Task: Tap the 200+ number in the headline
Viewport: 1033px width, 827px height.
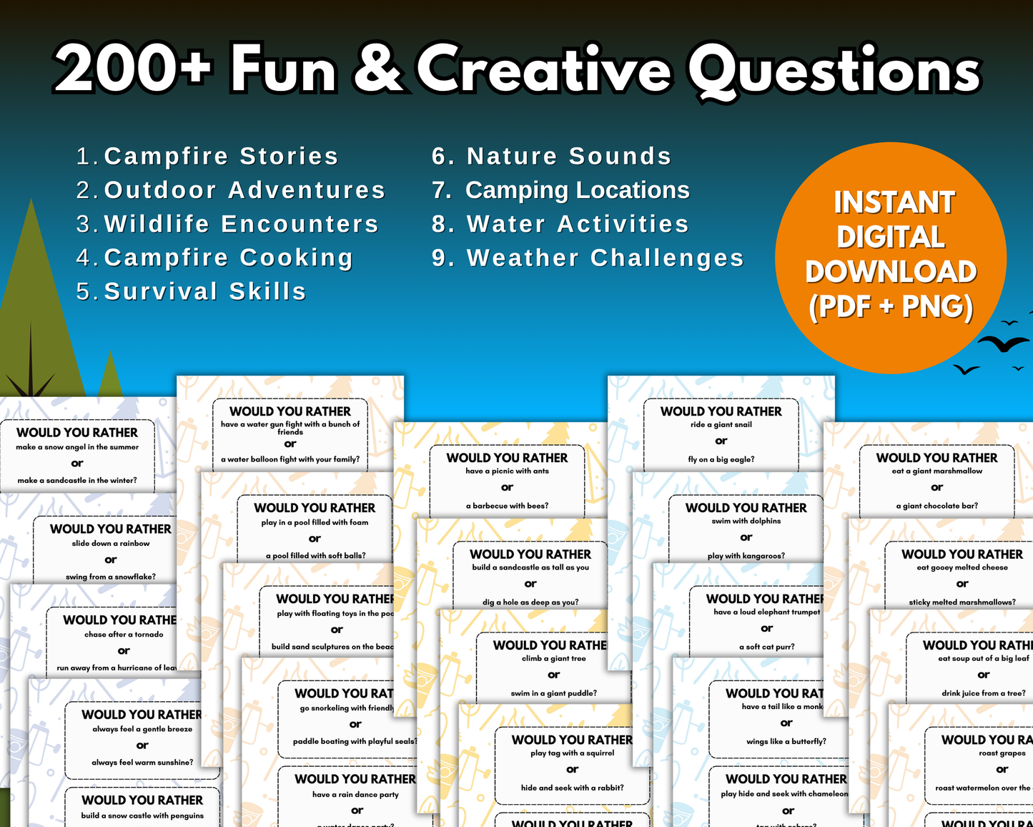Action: pos(133,70)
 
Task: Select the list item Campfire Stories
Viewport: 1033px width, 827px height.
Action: pos(220,156)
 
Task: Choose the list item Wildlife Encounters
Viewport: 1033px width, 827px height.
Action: pos(241,224)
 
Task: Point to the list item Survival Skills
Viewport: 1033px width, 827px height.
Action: pos(204,291)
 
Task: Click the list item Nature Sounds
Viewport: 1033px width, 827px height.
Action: pos(568,156)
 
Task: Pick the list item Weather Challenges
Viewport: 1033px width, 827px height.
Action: pos(605,258)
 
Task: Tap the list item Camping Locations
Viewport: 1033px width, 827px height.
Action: pos(577,190)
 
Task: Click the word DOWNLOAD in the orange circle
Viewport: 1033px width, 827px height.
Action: pos(891,272)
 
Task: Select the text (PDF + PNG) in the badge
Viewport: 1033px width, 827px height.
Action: pos(891,306)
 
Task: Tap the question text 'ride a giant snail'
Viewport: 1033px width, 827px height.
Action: pos(721,424)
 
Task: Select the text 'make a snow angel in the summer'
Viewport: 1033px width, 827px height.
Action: pos(77,447)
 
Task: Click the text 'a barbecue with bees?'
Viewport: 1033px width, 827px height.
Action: pos(507,506)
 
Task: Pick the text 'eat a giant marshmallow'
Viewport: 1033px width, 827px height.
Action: pos(936,471)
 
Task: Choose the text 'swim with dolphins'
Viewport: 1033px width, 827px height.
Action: pos(746,521)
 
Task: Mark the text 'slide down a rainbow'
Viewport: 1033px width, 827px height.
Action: pos(111,543)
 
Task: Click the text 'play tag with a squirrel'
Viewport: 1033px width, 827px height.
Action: pos(572,753)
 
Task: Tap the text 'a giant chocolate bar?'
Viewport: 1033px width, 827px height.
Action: pos(936,506)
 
